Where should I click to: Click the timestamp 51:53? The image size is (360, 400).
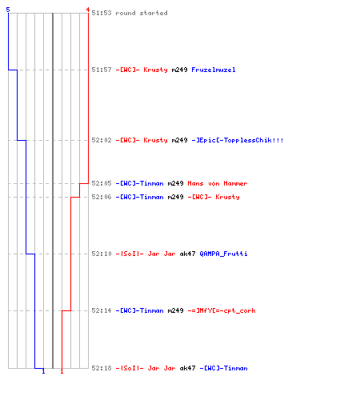[102, 13]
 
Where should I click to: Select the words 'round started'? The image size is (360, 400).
[142, 13]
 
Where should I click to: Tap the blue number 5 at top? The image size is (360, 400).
[8, 10]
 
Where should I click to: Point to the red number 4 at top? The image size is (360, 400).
[88, 10]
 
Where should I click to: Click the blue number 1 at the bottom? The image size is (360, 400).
[43, 371]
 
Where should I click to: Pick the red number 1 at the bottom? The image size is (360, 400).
[62, 371]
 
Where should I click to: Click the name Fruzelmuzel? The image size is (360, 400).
[214, 70]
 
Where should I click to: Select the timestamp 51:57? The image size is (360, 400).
[102, 70]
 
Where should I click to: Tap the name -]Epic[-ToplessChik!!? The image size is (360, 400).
[238, 140]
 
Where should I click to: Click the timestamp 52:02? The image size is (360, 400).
[102, 140]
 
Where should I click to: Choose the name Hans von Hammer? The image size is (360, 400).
[218, 183]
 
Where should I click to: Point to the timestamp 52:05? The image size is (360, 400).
[102, 183]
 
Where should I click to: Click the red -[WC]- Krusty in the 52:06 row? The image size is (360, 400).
[214, 197]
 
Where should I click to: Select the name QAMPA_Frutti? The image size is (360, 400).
[223, 254]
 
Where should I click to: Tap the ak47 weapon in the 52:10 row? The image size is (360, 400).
[187, 254]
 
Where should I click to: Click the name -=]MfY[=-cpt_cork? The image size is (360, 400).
[222, 310]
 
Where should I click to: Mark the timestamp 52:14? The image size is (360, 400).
[102, 310]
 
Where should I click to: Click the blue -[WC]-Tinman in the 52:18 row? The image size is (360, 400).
[223, 368]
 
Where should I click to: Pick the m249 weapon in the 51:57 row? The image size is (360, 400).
[179, 70]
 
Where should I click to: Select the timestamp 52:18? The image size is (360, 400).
[102, 368]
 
